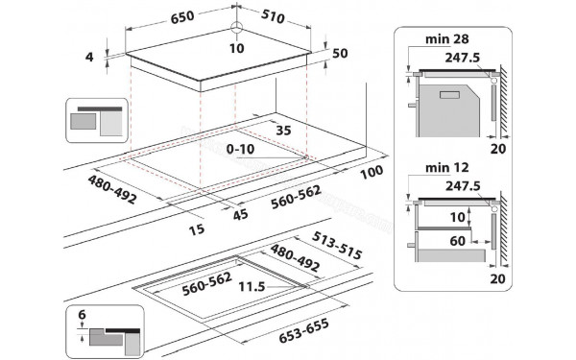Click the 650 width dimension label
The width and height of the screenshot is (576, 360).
(x=160, y=17)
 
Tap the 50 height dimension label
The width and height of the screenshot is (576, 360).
(x=339, y=54)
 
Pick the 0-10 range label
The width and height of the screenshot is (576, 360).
(x=240, y=151)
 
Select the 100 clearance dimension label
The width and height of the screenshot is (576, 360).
(x=372, y=171)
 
